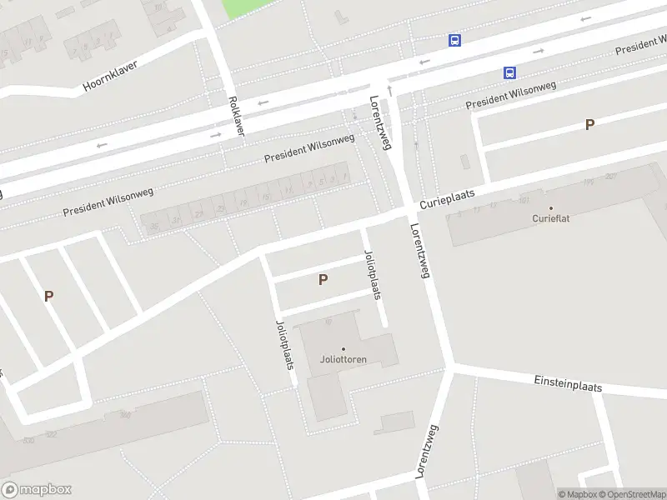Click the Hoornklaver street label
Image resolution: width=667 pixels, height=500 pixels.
tap(110, 76)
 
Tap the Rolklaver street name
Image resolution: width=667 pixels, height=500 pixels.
tap(236, 116)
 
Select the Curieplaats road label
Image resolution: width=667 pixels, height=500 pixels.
tap(447, 198)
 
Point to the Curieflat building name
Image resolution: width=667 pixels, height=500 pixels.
tap(550, 218)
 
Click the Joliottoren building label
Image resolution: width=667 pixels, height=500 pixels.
tap(344, 360)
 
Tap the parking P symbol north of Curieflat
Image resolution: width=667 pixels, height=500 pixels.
tap(589, 125)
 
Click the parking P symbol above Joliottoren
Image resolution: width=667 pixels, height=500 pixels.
tap(323, 280)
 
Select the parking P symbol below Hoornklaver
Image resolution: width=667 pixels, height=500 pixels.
tap(48, 296)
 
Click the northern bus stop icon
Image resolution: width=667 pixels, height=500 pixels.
tap(454, 40)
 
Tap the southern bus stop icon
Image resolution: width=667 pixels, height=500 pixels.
tap(509, 73)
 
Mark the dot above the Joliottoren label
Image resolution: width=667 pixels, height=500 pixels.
tap(344, 349)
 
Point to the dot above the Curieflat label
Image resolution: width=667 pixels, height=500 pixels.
tap(550, 207)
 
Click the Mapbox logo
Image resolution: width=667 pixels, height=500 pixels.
tap(36, 490)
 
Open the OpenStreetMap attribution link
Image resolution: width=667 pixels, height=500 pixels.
tap(631, 494)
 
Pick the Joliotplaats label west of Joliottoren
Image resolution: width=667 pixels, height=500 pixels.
tap(283, 344)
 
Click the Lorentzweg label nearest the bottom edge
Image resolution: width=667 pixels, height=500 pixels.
tap(427, 451)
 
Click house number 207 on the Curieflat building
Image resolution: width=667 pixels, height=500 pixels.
tap(611, 176)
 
